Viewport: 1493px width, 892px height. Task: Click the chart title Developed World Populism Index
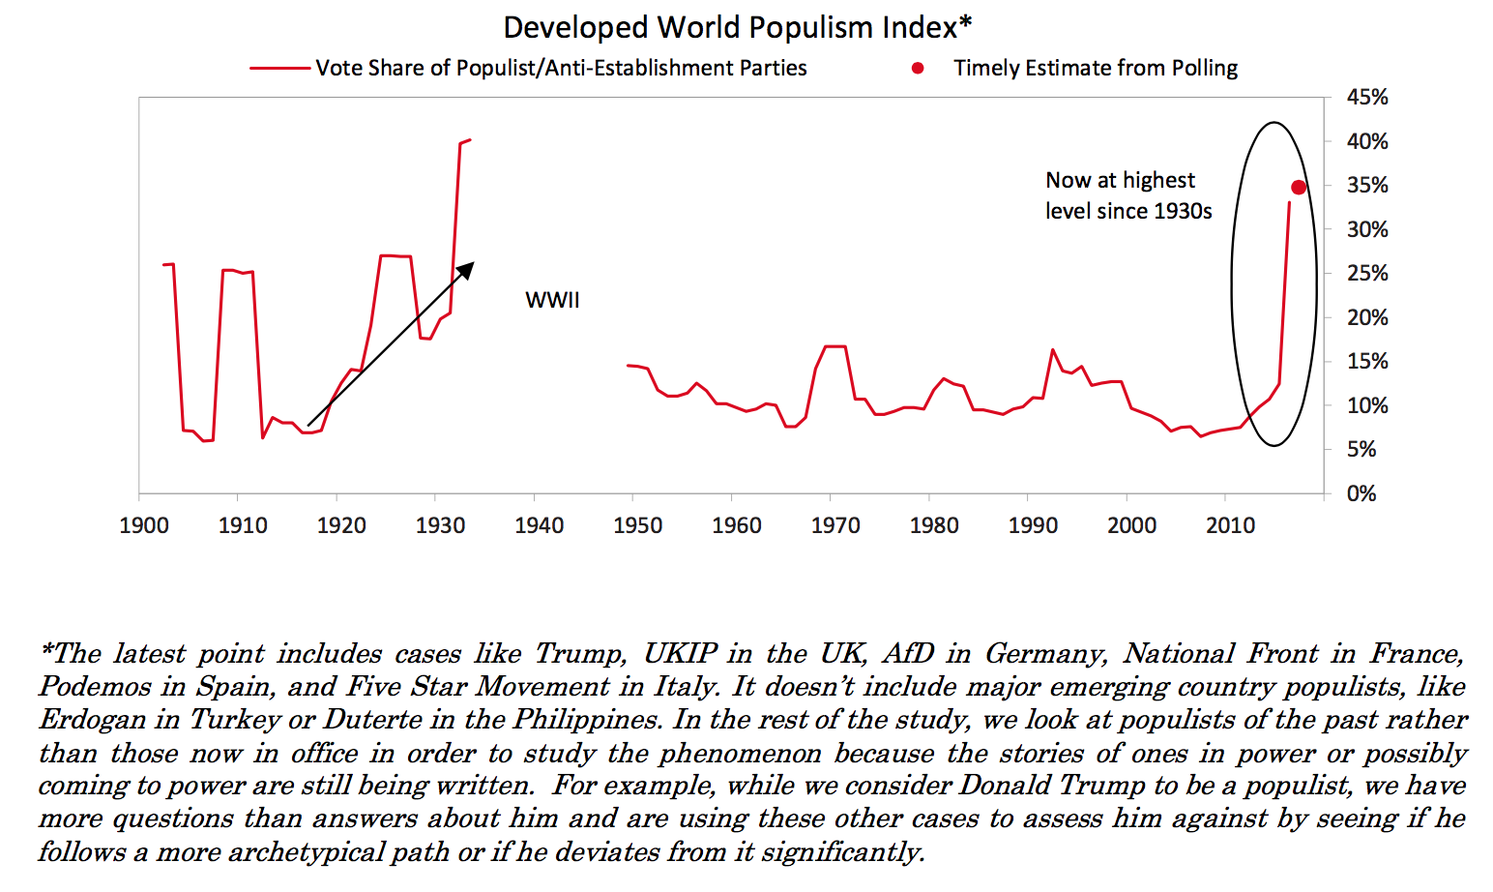(737, 27)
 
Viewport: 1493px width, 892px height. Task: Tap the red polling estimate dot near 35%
(1299, 188)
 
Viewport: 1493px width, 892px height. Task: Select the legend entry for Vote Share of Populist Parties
(561, 69)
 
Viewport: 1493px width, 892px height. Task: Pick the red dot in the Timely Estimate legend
(918, 69)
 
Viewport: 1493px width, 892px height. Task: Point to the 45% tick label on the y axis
(1367, 98)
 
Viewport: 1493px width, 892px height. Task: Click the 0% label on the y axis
(1361, 493)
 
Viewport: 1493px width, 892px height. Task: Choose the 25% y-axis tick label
(1367, 274)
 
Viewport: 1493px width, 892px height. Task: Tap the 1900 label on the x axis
(144, 525)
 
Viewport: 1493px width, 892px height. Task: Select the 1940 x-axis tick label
(539, 525)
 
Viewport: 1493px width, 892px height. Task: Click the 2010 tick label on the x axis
(1230, 525)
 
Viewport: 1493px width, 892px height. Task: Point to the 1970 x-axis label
(835, 525)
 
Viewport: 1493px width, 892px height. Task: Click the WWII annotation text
(552, 300)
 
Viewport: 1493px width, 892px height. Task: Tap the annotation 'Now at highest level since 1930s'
(1127, 195)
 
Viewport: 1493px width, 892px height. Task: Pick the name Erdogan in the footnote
(95, 720)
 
